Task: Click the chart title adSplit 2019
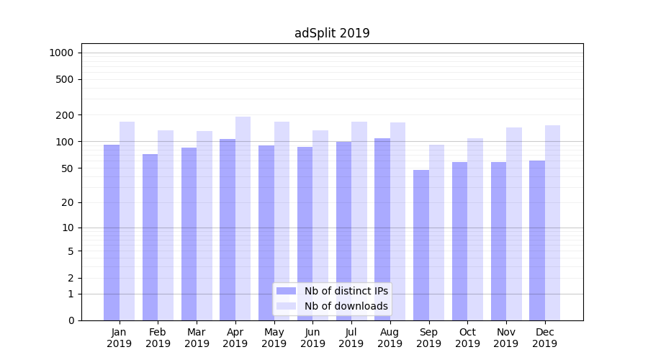(x=332, y=33)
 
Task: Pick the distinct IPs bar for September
(x=421, y=245)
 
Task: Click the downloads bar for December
(x=552, y=222)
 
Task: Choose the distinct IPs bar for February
(x=150, y=237)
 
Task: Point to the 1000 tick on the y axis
(x=61, y=53)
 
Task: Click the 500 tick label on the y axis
(x=66, y=79)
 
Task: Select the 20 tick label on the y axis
(x=68, y=202)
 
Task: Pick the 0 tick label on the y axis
(x=71, y=320)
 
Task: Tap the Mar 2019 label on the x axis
(x=197, y=338)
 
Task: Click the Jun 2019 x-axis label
(x=312, y=338)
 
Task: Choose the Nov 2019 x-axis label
(x=506, y=338)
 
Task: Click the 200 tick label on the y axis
(x=66, y=115)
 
